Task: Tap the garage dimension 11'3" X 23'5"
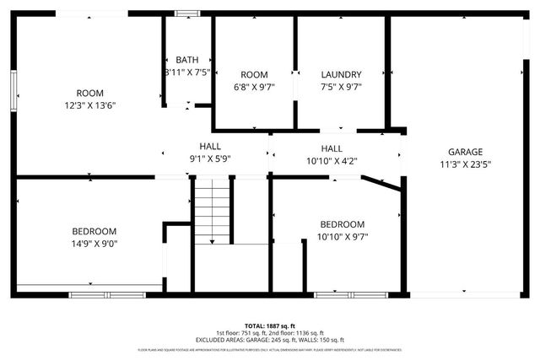point(465,165)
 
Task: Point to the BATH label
point(187,60)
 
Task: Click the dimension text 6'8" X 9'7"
point(254,86)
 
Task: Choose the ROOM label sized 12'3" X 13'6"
point(89,93)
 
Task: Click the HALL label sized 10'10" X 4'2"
point(332,148)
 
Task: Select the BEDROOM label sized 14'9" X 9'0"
point(94,231)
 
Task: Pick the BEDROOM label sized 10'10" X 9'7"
point(342,223)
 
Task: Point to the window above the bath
point(186,13)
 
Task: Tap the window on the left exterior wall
point(13,89)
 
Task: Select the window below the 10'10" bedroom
point(362,295)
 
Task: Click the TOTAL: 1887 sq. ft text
point(269,325)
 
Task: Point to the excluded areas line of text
point(269,339)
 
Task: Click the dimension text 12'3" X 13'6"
point(89,105)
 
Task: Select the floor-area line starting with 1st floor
point(269,332)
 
